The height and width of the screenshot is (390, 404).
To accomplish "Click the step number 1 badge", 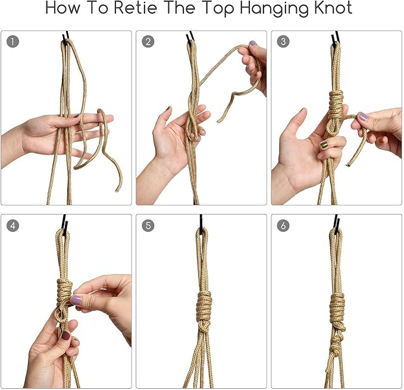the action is (13, 42).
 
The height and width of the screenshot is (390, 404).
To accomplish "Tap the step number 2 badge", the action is (148, 42).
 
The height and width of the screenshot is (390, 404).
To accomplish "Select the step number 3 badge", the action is (283, 42).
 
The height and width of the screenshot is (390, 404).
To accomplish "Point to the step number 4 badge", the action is (13, 226).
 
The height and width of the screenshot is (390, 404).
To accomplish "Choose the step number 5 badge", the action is (148, 226).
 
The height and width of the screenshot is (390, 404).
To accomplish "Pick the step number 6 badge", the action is (283, 226).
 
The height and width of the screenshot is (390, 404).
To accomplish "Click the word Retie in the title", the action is (136, 8).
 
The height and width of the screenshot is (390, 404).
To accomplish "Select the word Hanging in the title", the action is (274, 10).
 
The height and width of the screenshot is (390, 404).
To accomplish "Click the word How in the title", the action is (62, 8).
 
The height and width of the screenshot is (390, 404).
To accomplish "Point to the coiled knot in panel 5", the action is (204, 306).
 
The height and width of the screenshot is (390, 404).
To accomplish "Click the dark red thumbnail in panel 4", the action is (65, 335).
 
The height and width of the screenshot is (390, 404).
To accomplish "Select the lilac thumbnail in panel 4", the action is (76, 300).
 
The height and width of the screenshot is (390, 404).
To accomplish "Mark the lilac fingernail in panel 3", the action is (363, 117).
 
